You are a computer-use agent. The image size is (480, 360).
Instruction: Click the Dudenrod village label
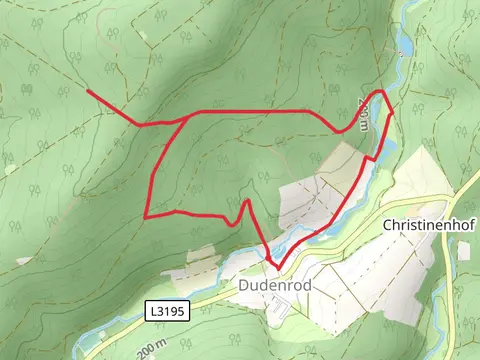coord(275,286)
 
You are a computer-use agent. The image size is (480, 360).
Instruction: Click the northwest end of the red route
coord(89,91)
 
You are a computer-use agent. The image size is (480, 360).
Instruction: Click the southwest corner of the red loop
coord(147,216)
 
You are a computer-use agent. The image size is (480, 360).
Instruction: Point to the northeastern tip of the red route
coord(381,91)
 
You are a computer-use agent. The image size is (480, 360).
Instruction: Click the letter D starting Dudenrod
coord(244,286)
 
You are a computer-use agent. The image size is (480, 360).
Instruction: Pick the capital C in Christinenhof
coord(387,226)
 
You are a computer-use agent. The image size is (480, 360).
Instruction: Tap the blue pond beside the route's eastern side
coord(372,155)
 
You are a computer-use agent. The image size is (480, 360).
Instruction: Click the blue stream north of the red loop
coord(402,45)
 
